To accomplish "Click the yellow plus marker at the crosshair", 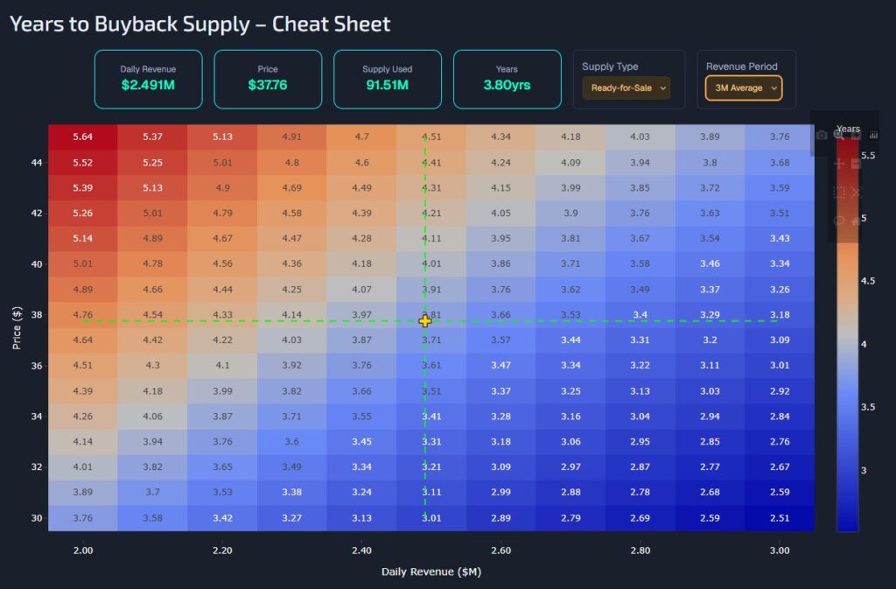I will pyautogui.click(x=425, y=321).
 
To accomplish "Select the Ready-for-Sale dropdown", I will pyautogui.click(x=626, y=88).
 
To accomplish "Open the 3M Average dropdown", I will pyautogui.click(x=743, y=88).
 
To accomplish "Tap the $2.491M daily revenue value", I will pyautogui.click(x=148, y=86).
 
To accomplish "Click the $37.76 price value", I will pyautogui.click(x=268, y=86).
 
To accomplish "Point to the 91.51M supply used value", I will pyautogui.click(x=387, y=86).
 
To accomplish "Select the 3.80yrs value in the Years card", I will pyautogui.click(x=507, y=86).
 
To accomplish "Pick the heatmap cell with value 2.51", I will pyautogui.click(x=779, y=518).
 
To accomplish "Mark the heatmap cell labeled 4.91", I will pyautogui.click(x=291, y=137).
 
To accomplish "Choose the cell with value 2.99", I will pyautogui.click(x=500, y=493).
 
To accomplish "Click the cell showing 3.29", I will pyautogui.click(x=710, y=314).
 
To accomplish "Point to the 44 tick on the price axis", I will pyautogui.click(x=36, y=163).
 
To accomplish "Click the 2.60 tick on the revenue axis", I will pyautogui.click(x=500, y=550).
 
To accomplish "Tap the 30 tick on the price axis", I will pyautogui.click(x=36, y=518).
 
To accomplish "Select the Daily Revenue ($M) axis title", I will pyautogui.click(x=431, y=571).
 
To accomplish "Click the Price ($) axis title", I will pyautogui.click(x=17, y=328).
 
